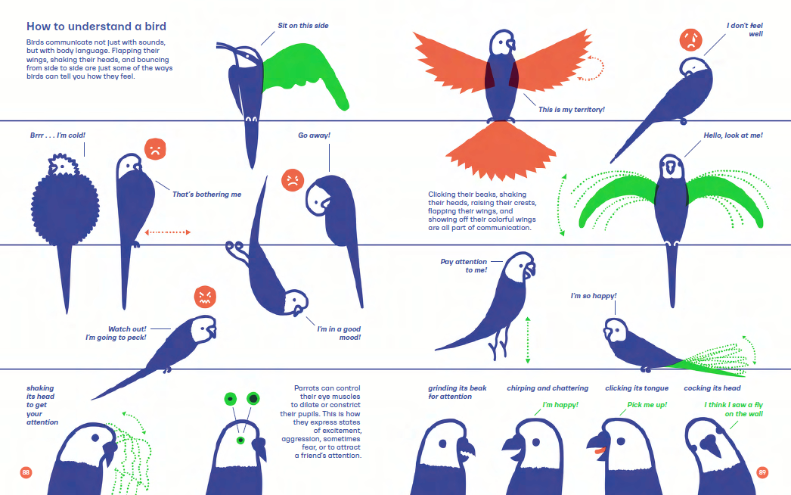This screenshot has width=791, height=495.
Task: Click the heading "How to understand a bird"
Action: tap(96, 26)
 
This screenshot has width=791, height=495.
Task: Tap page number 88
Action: tap(26, 472)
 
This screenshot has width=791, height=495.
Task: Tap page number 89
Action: tap(762, 472)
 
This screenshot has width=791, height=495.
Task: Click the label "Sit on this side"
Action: tap(302, 25)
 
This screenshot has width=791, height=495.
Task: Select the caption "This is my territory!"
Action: tap(572, 110)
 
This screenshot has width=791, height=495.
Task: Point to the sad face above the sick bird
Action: tap(690, 40)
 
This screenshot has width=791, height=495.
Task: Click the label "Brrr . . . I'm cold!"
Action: tap(57, 135)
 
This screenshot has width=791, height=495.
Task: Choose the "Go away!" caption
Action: tap(314, 135)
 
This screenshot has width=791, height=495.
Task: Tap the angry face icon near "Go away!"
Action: tap(293, 180)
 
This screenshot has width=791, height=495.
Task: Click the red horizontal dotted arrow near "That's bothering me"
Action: tap(167, 232)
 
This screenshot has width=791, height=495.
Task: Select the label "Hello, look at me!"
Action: tap(733, 135)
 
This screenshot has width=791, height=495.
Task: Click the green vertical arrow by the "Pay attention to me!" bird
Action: tap(528, 340)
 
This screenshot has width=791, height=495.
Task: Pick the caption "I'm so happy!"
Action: tap(593, 296)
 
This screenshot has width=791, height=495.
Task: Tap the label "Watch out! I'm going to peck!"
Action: tap(116, 333)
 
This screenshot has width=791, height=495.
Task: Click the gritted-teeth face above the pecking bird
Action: tap(206, 297)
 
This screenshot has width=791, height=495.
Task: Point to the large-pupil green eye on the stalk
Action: tap(253, 399)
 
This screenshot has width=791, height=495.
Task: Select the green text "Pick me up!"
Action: tap(647, 405)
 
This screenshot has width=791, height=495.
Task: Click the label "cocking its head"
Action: tap(712, 388)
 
